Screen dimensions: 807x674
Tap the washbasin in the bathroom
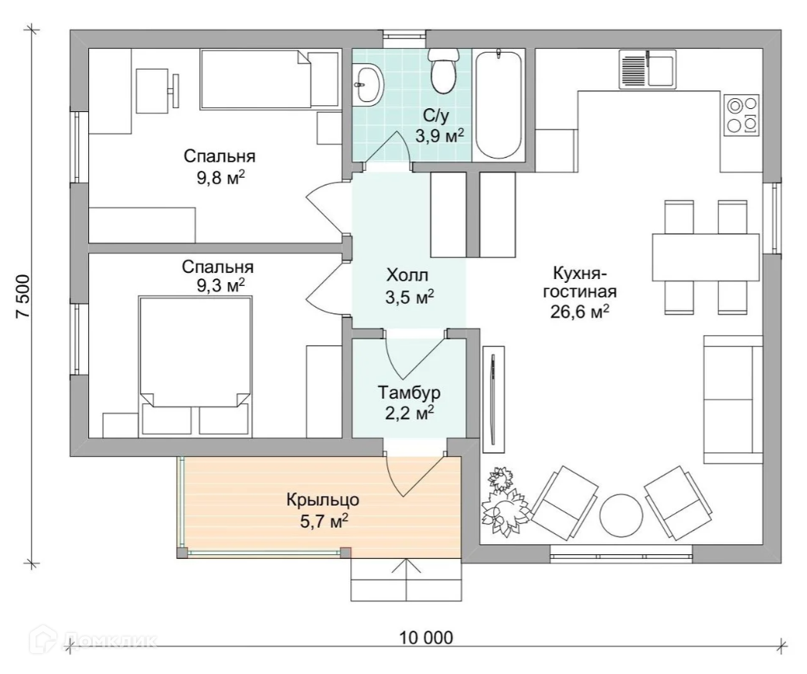tap(369, 85)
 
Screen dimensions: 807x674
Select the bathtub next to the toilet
tap(499, 104)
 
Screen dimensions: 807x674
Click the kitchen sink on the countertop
tap(648, 69)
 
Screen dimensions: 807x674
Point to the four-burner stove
tap(741, 114)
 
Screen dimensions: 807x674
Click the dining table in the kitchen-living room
tap(706, 257)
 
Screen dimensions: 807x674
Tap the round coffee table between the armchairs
tap(621, 516)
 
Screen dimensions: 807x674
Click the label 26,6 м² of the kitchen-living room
tap(580, 311)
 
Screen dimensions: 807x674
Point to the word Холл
tap(407, 275)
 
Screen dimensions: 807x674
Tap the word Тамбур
tap(409, 393)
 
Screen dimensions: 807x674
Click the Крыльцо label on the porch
tap(323, 499)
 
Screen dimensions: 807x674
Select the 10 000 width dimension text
tap(427, 638)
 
